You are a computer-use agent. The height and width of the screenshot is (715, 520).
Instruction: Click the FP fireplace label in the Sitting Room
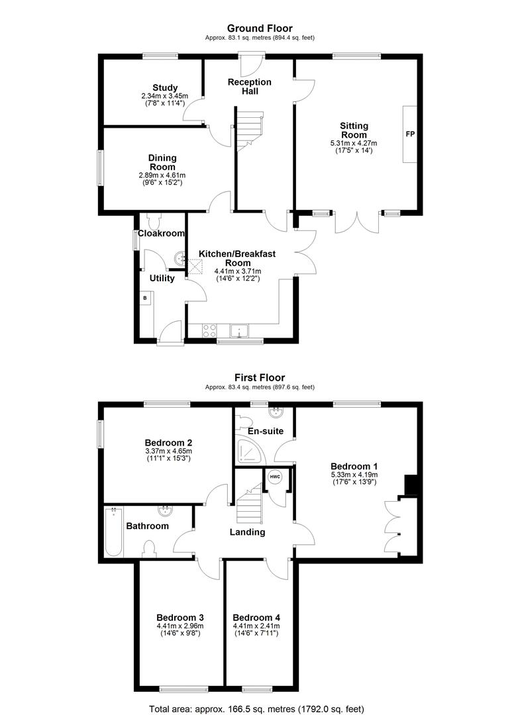tap(410, 134)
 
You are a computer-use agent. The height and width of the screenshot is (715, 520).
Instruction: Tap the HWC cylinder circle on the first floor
tap(275, 477)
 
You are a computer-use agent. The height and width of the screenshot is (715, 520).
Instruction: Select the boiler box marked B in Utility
tap(146, 298)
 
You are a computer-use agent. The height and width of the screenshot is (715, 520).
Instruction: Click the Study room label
tap(165, 87)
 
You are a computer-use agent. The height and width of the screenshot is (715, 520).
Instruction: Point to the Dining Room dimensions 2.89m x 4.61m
tap(162, 175)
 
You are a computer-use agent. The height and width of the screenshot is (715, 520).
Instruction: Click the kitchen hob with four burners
tap(209, 330)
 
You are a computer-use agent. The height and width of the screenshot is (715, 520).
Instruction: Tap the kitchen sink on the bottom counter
tap(238, 330)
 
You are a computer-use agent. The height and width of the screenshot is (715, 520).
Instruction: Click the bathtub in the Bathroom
tap(113, 531)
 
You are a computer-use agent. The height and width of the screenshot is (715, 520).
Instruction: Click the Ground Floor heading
tap(260, 28)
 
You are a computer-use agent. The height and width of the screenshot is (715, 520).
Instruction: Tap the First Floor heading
tap(260, 377)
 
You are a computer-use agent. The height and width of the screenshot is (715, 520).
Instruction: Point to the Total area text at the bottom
tap(256, 709)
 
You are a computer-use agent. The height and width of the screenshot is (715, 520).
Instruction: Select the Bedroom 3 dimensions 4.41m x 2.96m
tap(180, 626)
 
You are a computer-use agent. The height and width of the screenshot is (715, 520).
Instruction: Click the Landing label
tap(247, 532)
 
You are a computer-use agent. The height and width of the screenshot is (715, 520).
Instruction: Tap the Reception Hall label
tap(250, 87)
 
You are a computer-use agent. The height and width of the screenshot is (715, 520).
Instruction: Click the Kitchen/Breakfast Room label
tap(237, 258)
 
